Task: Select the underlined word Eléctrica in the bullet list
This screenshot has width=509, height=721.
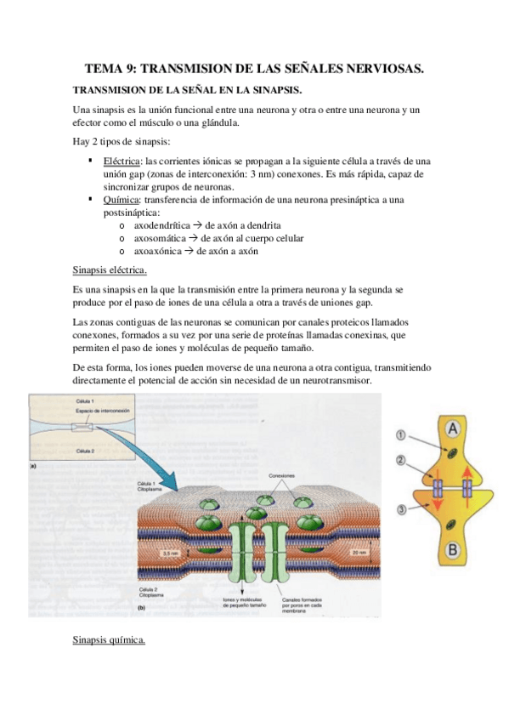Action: pyautogui.click(x=123, y=162)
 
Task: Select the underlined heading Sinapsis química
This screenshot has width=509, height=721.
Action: pyautogui.click(x=110, y=639)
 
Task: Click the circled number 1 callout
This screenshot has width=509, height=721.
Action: pyautogui.click(x=401, y=436)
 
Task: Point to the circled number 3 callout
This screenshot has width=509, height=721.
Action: pyautogui.click(x=401, y=509)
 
